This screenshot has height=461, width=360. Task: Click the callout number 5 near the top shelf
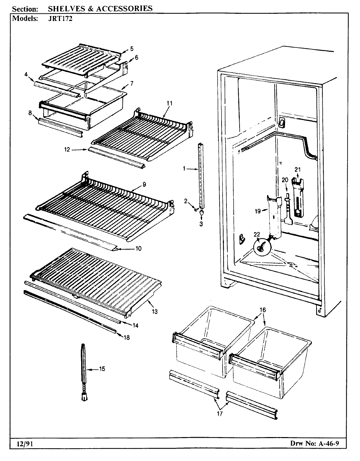pos(132,49)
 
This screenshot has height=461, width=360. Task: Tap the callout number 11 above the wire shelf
pos(169,103)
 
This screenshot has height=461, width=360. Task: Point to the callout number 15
pos(102,369)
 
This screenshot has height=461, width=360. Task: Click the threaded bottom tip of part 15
pos(84,397)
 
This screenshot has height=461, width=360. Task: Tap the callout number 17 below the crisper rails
pos(219,414)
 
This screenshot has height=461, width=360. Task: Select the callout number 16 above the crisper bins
pos(263,310)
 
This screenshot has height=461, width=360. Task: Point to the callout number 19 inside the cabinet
pos(258,211)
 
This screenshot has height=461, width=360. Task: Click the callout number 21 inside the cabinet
pos(297,169)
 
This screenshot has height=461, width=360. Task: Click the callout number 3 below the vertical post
pos(201,224)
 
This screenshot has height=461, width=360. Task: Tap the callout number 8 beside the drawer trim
pos(30,113)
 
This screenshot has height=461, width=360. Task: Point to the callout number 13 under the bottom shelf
pos(154,312)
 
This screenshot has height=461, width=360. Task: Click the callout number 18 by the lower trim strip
pos(126,337)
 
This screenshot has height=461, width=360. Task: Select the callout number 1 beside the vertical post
pos(184,169)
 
